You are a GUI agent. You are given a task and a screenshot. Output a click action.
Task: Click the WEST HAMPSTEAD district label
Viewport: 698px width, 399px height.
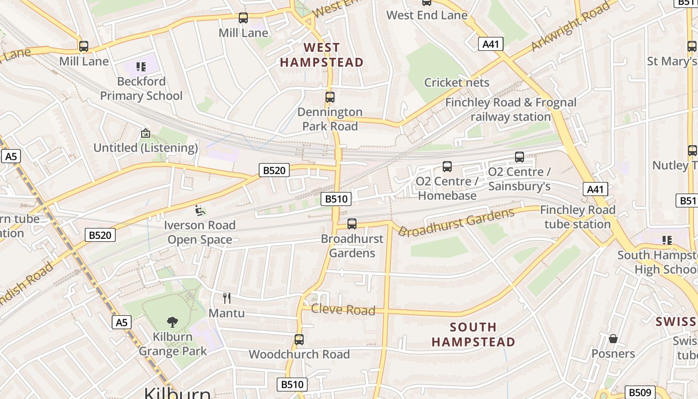point(322,55)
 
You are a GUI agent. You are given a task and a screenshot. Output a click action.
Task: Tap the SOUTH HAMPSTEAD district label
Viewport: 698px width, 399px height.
point(473,335)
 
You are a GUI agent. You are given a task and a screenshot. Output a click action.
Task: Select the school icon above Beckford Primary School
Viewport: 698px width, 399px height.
point(141,66)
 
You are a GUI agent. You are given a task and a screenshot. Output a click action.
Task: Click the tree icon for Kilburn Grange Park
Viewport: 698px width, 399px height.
point(173,322)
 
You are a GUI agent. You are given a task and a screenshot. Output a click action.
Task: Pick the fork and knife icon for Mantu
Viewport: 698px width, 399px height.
point(227,298)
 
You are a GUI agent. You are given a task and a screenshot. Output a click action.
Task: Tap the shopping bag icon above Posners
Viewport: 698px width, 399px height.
point(613,339)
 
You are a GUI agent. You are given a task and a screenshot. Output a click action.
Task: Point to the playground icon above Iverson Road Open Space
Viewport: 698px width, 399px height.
point(200,210)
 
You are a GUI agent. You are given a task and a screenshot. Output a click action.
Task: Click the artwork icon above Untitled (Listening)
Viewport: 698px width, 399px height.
point(146,133)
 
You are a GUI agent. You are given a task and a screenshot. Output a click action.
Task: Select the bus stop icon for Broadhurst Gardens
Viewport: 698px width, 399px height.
point(352,224)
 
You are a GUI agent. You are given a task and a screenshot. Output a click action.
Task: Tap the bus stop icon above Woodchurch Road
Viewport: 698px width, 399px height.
point(299,340)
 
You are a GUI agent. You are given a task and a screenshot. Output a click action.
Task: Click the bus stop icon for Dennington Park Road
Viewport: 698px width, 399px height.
point(330,97)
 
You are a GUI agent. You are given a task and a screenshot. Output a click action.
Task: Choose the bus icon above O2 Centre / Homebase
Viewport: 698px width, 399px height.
point(447,167)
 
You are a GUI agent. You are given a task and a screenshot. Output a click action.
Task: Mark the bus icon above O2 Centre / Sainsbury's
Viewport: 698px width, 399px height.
point(520,157)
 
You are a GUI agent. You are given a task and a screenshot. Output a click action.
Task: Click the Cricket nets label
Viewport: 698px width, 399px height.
point(457,82)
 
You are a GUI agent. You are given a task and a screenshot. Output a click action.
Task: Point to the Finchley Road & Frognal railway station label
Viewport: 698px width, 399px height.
point(511,110)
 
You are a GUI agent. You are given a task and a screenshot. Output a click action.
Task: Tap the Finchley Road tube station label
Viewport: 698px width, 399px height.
point(577,217)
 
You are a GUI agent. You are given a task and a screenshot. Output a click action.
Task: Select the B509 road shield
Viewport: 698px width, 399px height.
point(640,392)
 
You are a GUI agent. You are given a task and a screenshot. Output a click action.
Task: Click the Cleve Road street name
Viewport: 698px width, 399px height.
point(343,310)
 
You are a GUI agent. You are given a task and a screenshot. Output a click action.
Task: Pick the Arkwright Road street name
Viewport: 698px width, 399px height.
point(570,26)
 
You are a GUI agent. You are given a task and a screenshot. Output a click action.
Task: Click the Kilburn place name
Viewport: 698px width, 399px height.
point(177,393)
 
